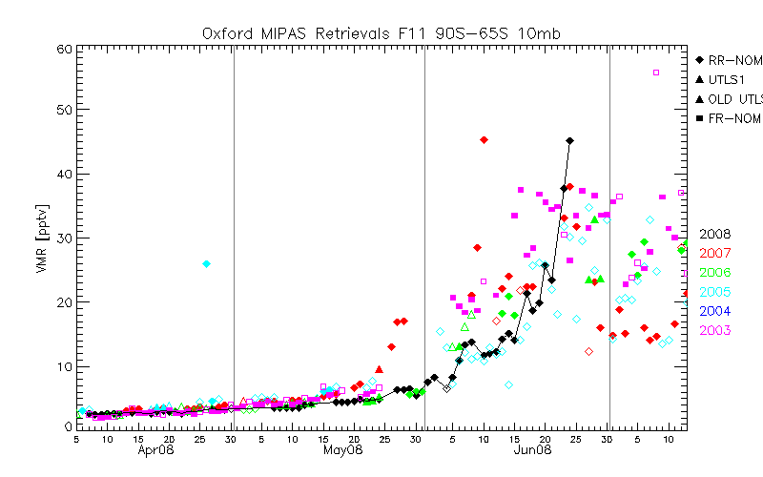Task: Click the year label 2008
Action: pyautogui.click(x=715, y=234)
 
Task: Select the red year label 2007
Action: pyautogui.click(x=715, y=253)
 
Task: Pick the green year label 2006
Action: pyautogui.click(x=715, y=272)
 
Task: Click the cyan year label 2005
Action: pyautogui.click(x=715, y=292)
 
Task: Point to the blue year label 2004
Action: pyautogui.click(x=715, y=311)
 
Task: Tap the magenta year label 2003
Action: pyautogui.click(x=715, y=331)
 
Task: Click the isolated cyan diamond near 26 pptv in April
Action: pyautogui.click(x=206, y=263)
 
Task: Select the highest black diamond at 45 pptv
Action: pyautogui.click(x=570, y=141)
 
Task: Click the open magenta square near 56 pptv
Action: pyautogui.click(x=656, y=73)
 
